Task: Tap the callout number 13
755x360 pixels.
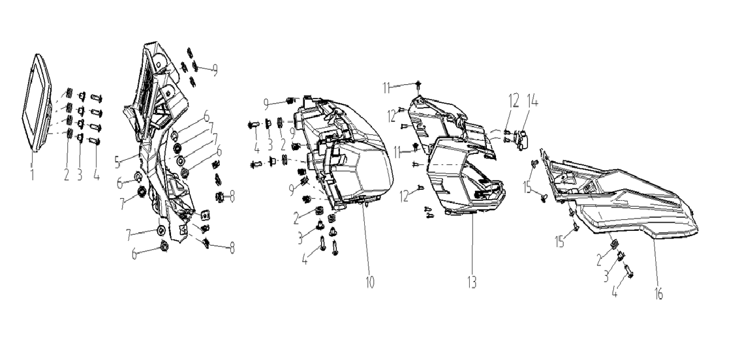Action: [471, 282]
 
